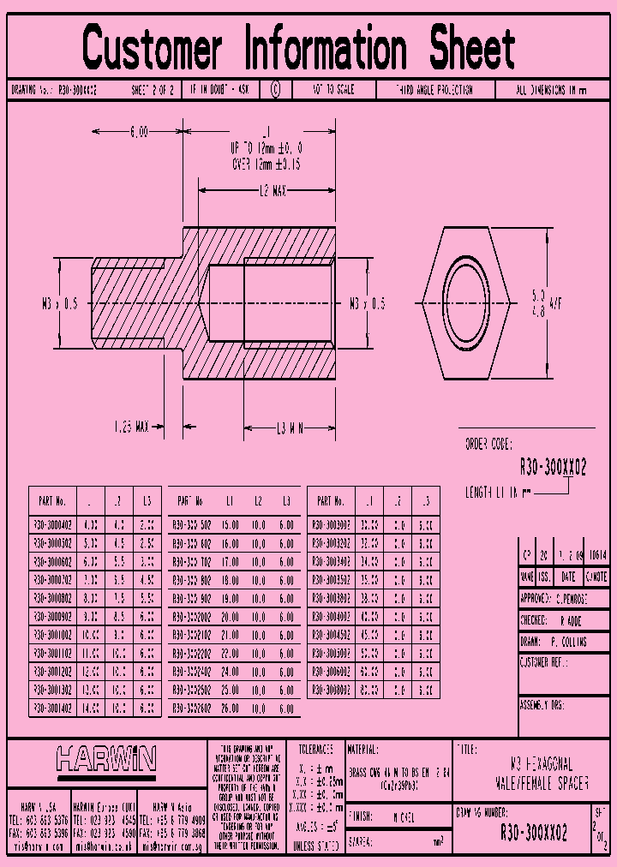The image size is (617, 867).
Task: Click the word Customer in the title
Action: click(153, 49)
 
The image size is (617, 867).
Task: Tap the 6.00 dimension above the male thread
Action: click(139, 132)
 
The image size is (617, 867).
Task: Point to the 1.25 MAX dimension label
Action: click(132, 425)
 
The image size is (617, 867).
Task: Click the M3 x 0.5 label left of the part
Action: click(59, 303)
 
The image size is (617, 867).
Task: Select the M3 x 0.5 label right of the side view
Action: click(367, 303)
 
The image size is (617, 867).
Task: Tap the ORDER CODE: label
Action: click(488, 445)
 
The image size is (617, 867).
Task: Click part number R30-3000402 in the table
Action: click(52, 524)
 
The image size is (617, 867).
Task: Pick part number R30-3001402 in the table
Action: click(52, 709)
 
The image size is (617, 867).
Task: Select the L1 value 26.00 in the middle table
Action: click(230, 709)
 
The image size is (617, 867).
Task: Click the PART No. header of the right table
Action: click(331, 500)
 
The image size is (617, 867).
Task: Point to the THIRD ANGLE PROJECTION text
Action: click(434, 90)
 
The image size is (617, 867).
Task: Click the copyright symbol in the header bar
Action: click(274, 89)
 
